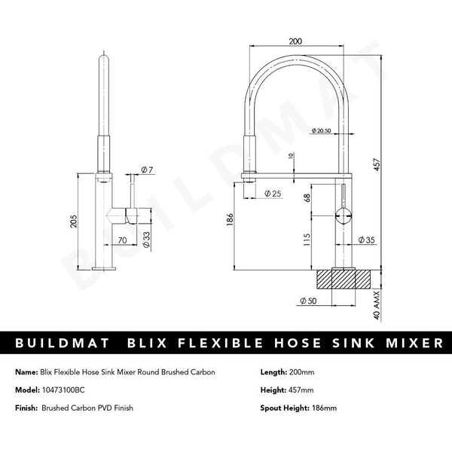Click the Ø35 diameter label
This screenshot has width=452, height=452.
[x=367, y=240]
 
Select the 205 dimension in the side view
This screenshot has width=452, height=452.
[x=72, y=219]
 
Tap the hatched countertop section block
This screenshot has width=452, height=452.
[x=344, y=278]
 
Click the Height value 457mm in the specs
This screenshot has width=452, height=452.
[x=301, y=391]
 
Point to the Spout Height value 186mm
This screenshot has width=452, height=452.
[x=316, y=409]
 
